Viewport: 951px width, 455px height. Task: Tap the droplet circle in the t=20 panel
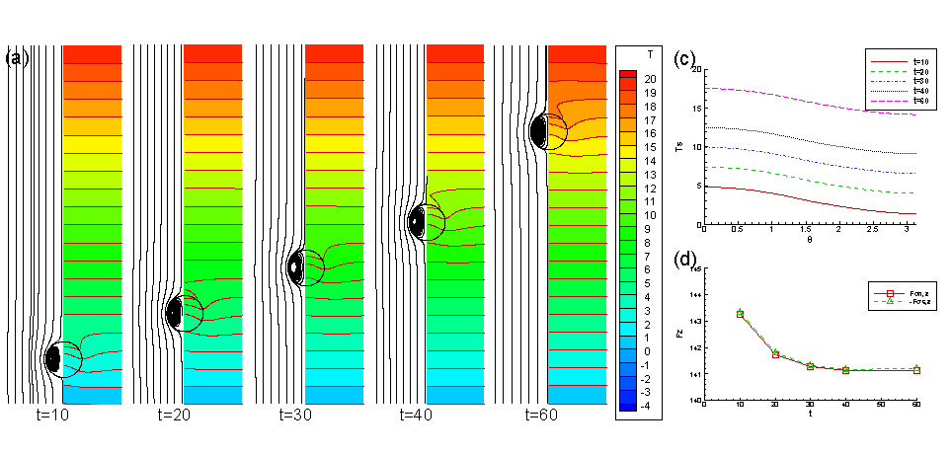point(184,312)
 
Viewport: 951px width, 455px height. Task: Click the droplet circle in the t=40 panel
point(426,221)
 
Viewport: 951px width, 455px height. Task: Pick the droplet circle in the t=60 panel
point(548,130)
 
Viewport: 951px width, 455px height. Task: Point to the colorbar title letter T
point(648,52)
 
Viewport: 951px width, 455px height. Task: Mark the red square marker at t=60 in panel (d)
point(917,370)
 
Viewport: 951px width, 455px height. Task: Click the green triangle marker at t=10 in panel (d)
point(741,312)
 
